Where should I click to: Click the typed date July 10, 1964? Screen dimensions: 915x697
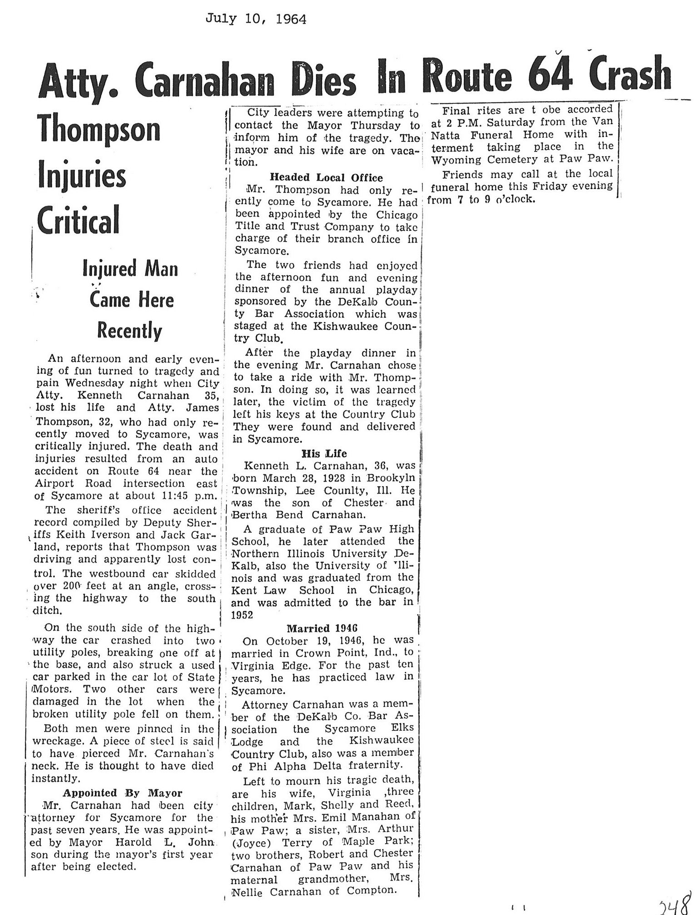pos(256,19)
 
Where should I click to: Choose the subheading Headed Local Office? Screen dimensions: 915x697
pos(326,177)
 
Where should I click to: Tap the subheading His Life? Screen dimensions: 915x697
pos(324,453)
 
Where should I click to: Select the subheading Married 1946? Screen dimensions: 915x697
pos(322,628)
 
